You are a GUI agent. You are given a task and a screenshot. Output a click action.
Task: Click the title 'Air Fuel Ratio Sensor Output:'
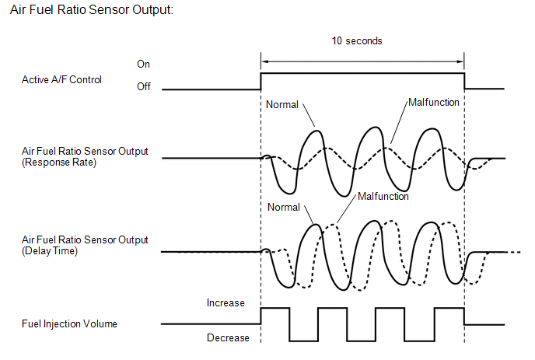[92, 10]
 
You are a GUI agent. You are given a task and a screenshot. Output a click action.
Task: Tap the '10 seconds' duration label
[357, 41]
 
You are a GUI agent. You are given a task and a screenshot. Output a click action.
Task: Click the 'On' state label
[143, 65]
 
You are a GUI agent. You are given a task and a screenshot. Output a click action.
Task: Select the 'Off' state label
[144, 86]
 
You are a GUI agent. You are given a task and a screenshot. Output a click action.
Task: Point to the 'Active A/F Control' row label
[61, 80]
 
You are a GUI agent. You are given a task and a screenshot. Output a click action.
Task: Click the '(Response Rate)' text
[59, 163]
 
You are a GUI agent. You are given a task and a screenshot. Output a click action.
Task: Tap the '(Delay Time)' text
[50, 251]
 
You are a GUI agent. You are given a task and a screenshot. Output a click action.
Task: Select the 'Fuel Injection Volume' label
[69, 323]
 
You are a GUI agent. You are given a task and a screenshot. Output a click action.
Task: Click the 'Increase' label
[226, 303]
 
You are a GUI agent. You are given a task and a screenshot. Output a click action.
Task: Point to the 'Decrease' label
[228, 337]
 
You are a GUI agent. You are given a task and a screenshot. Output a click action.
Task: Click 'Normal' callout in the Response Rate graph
[282, 104]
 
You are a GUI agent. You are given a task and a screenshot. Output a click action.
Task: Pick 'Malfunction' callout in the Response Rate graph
[434, 103]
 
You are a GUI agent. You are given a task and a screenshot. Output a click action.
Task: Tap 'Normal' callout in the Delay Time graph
[284, 207]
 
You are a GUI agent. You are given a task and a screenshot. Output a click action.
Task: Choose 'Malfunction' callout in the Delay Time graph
[383, 197]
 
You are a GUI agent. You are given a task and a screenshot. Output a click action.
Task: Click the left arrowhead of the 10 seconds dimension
[264, 61]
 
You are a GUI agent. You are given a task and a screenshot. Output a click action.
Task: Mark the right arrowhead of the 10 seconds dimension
[460, 61]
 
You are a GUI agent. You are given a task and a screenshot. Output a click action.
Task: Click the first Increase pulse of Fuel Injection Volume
[275, 308]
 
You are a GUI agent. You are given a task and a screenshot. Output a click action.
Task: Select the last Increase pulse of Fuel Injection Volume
[449, 308]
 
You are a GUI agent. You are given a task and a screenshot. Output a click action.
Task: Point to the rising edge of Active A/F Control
[261, 81]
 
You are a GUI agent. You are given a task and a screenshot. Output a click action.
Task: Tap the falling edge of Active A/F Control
[464, 81]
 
